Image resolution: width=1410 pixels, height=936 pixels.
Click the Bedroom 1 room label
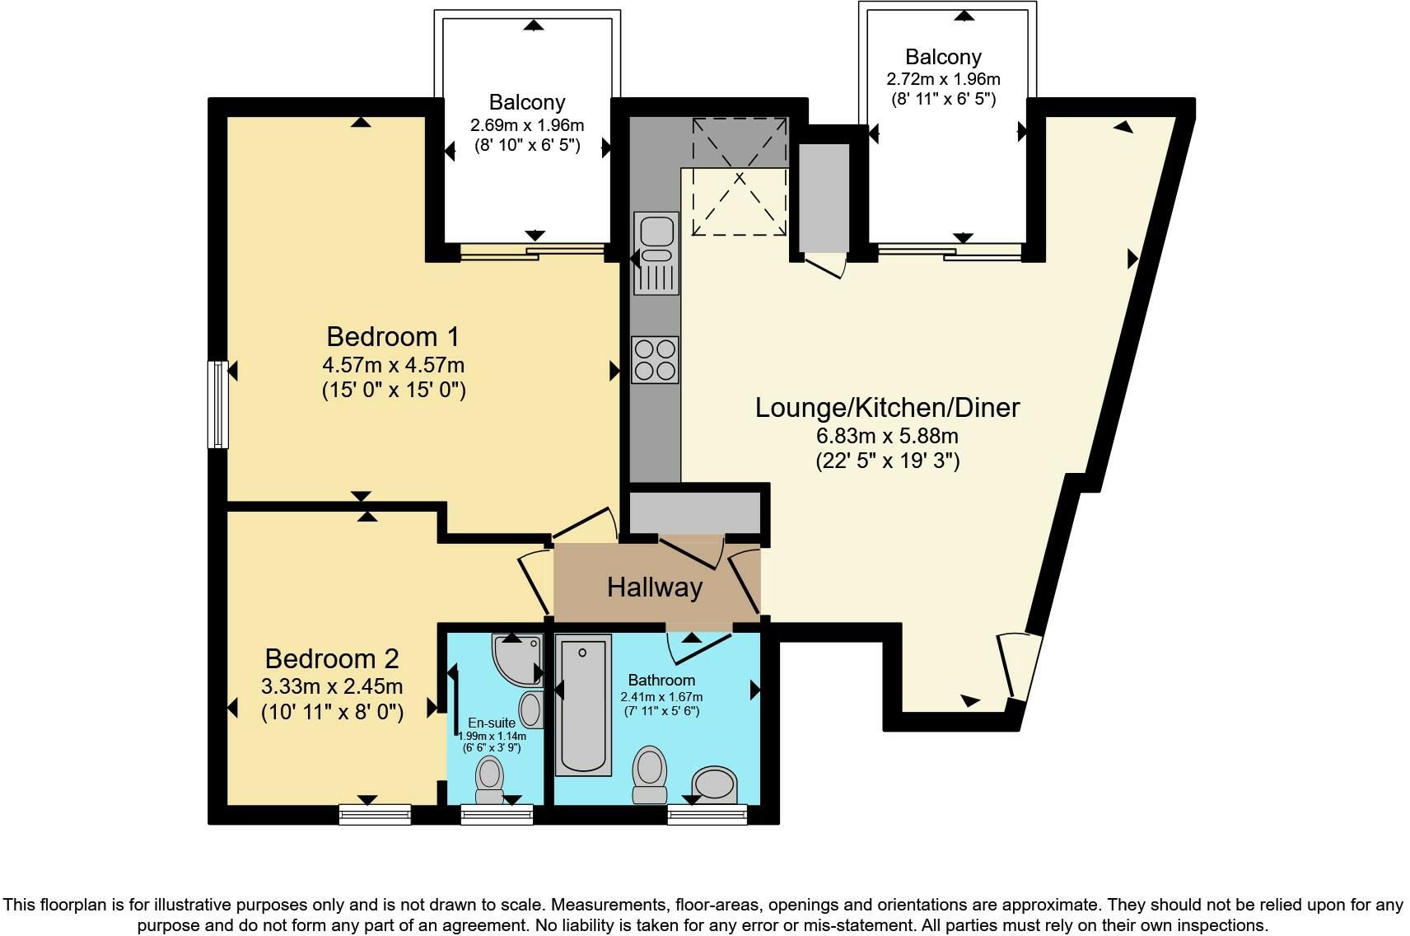(393, 337)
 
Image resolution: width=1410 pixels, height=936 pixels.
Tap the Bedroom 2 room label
(332, 659)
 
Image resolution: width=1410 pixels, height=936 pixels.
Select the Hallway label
(655, 587)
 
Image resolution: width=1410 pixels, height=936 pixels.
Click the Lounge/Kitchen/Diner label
(887, 408)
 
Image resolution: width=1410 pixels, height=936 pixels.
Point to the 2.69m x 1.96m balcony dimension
(527, 124)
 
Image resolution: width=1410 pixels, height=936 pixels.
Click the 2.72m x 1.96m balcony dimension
(944, 79)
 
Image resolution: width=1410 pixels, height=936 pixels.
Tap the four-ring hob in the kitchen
(656, 360)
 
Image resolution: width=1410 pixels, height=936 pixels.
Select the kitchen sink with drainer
(656, 253)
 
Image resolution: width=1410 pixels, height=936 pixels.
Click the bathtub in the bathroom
(583, 704)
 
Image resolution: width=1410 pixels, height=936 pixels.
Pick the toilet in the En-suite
(490, 779)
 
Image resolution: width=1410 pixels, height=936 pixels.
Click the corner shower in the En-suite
(517, 660)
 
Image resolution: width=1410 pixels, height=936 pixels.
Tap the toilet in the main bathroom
(650, 775)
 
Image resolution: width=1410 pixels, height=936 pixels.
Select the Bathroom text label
(661, 681)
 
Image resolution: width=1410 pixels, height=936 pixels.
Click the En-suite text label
(492, 723)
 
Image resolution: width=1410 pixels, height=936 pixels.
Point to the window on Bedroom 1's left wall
(218, 404)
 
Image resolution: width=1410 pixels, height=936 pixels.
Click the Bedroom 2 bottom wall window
(376, 814)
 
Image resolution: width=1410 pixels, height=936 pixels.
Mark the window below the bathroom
(707, 814)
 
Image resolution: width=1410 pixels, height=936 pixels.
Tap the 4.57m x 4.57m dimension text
(394, 365)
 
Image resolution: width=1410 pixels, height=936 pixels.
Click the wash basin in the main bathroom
(714, 785)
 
